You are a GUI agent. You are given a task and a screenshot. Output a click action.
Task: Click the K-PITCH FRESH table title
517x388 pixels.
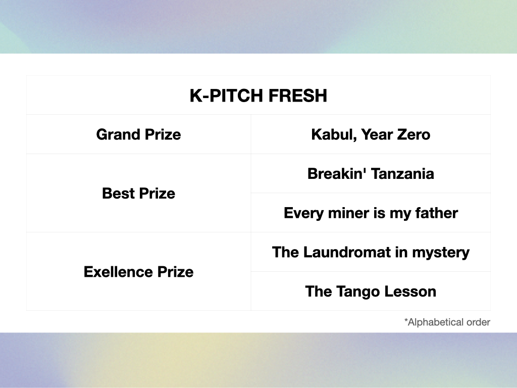pyautogui.click(x=258, y=95)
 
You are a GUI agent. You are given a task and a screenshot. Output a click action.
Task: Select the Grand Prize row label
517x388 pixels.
pyautogui.click(x=138, y=134)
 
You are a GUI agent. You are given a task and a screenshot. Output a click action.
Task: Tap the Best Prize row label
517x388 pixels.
pyautogui.click(x=138, y=193)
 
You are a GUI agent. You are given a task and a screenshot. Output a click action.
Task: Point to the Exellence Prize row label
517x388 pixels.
pyautogui.click(x=138, y=272)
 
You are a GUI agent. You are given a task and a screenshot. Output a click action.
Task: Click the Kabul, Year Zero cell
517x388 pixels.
pyautogui.click(x=371, y=134)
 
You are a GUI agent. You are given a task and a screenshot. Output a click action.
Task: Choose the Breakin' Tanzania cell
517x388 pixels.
pyautogui.click(x=371, y=174)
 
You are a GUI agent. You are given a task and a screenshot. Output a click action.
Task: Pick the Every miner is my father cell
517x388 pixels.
pyautogui.click(x=371, y=213)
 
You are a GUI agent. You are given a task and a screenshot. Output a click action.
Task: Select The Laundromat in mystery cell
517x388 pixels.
pyautogui.click(x=371, y=253)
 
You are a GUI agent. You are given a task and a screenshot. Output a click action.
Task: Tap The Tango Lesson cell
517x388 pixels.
pyautogui.click(x=371, y=292)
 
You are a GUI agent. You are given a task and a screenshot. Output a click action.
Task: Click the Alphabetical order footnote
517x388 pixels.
pyautogui.click(x=447, y=322)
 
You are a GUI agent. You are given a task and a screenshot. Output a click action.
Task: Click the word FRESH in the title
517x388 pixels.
pyautogui.click(x=297, y=95)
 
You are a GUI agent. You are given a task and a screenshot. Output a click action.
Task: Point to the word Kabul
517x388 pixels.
pyautogui.click(x=334, y=134)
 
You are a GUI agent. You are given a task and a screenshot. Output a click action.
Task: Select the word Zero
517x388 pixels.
pyautogui.click(x=413, y=134)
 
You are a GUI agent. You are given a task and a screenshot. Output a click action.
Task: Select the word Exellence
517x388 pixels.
pyautogui.click(x=118, y=272)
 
